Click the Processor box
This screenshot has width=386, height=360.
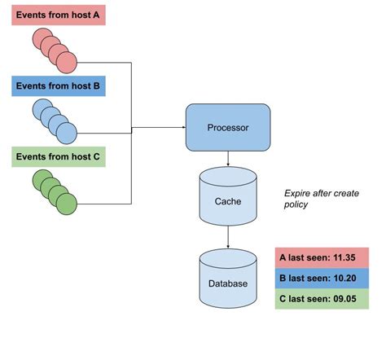point(228,127)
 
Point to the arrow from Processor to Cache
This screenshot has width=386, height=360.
point(228,160)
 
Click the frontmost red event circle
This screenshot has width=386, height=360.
point(66,62)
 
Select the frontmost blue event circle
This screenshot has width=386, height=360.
point(66,132)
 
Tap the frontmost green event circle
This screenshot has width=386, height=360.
point(66,201)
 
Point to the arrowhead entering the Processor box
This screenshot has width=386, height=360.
point(182,127)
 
